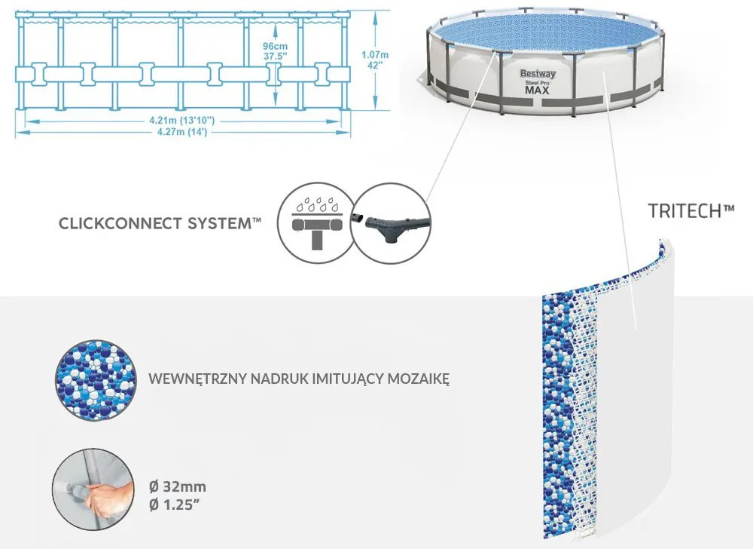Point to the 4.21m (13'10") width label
click(182, 120)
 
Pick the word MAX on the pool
click(537, 90)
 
